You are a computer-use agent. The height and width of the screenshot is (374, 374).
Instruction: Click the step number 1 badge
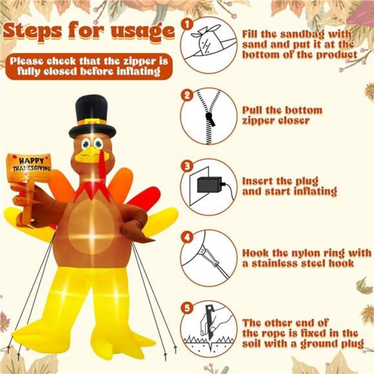187,24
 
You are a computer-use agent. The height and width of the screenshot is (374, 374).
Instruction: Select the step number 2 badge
187,95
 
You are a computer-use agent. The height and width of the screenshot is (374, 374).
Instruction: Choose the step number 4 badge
187,236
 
